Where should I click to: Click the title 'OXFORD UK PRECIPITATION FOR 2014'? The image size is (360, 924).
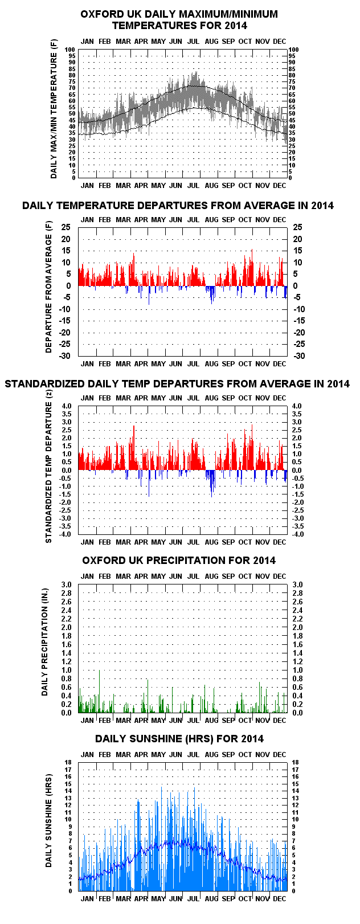179,560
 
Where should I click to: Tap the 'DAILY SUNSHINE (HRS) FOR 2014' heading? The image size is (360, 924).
179,738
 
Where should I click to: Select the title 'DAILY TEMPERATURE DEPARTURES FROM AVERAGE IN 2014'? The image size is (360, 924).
178,206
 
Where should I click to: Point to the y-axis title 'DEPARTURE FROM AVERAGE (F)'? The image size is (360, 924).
49,287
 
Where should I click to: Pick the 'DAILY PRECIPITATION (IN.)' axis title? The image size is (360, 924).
45,642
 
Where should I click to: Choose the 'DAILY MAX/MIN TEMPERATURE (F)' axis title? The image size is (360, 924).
54,109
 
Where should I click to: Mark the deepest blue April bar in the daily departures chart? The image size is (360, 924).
149,295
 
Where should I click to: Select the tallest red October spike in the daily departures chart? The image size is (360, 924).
252,267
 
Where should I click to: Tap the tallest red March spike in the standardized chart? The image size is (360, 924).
134,448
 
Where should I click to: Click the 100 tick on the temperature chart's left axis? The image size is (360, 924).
70,50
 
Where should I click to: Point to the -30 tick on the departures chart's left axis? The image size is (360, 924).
65,355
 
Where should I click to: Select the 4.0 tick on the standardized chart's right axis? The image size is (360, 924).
297,406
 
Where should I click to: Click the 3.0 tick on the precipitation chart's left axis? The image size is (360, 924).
67,584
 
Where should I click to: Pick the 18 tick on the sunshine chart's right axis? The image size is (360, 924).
295,762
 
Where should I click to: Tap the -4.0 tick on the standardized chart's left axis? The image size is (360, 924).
66,534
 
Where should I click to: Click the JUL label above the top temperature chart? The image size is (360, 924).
194,41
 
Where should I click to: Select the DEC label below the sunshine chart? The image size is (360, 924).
279,899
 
